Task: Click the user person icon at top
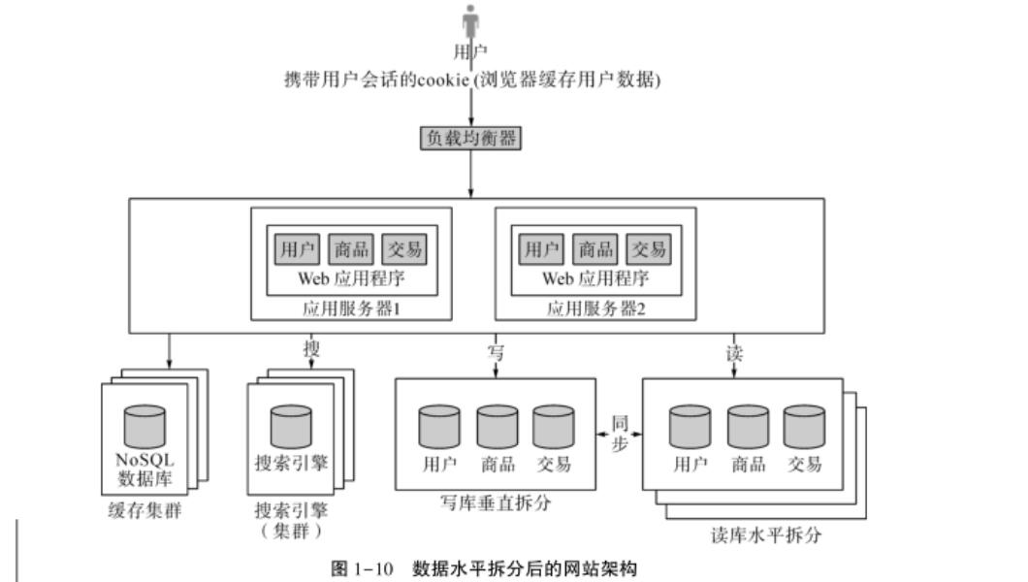(x=471, y=21)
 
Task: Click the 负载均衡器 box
(x=470, y=138)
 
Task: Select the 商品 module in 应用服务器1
(x=349, y=248)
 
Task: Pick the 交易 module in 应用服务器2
(x=648, y=248)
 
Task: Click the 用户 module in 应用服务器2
(x=540, y=248)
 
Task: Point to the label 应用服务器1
(x=351, y=309)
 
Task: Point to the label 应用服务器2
(x=595, y=309)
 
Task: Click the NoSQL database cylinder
(x=145, y=426)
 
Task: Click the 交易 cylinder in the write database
(x=553, y=426)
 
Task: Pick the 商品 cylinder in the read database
(x=748, y=426)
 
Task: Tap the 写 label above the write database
(x=495, y=352)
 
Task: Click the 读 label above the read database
(x=735, y=352)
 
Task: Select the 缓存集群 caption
(x=144, y=511)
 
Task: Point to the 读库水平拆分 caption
(x=756, y=535)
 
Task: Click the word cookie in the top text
(x=441, y=81)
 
